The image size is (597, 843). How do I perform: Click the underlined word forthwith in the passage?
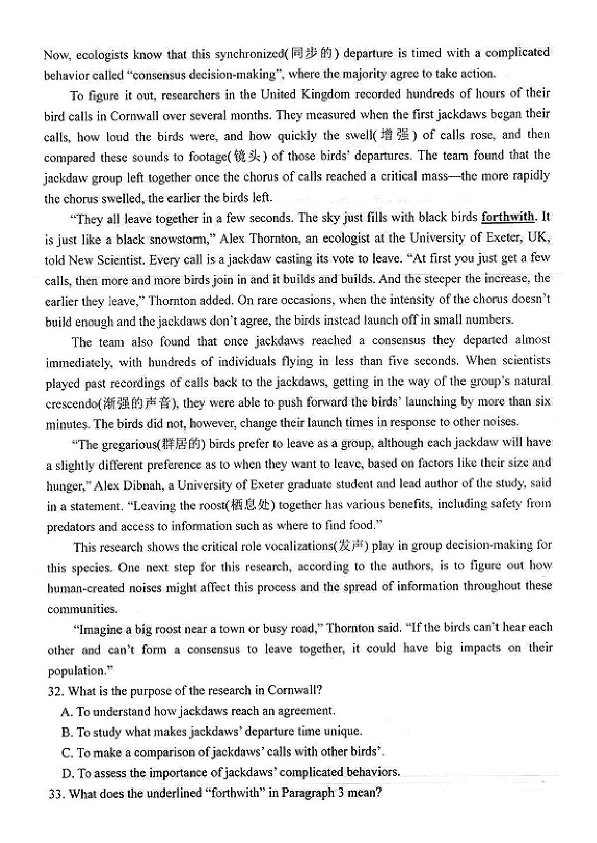click(508, 217)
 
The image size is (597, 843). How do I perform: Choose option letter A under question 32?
click(67, 712)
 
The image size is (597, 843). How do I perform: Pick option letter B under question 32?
click(67, 732)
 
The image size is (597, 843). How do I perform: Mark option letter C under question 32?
click(67, 752)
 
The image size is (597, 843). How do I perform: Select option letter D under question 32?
click(68, 773)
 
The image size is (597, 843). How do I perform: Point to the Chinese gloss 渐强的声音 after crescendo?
click(138, 403)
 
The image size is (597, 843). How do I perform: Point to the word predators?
click(70, 527)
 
